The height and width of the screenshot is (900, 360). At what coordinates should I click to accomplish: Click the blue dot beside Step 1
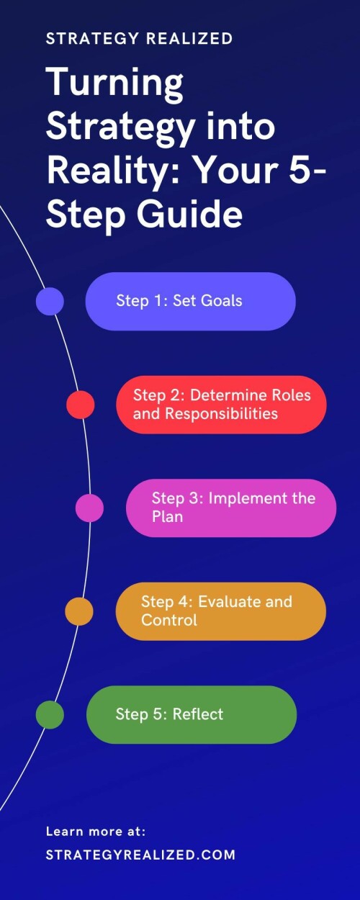click(x=50, y=302)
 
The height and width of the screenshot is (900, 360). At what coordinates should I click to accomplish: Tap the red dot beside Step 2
click(x=81, y=405)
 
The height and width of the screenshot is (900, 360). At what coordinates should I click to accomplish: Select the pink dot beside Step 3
click(x=89, y=508)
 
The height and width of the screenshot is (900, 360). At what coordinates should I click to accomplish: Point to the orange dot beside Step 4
click(x=79, y=611)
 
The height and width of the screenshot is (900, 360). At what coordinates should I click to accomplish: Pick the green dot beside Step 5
click(x=50, y=714)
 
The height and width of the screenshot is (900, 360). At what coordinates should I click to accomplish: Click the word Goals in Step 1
click(x=222, y=300)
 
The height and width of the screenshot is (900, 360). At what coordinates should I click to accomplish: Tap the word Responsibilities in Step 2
click(x=221, y=413)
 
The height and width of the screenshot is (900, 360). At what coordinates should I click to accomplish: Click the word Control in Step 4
click(x=169, y=620)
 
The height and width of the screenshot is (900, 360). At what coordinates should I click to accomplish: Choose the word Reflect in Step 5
click(x=198, y=714)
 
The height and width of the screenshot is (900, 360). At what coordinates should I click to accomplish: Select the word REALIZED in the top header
click(x=189, y=39)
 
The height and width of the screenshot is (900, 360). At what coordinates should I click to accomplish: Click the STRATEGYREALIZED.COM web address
click(x=140, y=855)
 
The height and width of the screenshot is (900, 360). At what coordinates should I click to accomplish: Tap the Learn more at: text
click(x=96, y=832)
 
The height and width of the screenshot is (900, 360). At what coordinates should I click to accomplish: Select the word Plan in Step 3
click(x=167, y=517)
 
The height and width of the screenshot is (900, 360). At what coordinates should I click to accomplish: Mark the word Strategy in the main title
click(x=120, y=127)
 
